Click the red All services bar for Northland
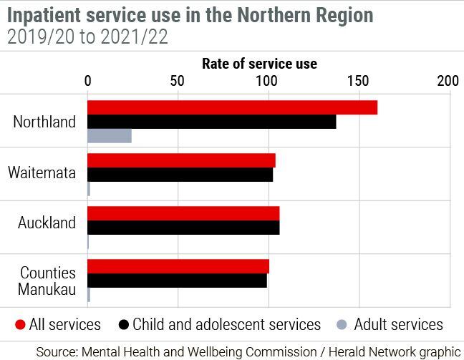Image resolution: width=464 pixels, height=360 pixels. (232, 107)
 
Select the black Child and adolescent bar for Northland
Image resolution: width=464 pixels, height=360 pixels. (211, 122)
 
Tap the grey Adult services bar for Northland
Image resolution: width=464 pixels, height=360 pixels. (110, 136)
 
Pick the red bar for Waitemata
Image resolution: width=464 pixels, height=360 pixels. (181, 160)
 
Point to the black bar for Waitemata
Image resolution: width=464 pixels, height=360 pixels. (180, 175)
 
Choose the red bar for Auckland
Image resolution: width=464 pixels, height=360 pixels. (183, 213)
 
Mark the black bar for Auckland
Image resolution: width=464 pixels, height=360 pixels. (183, 228)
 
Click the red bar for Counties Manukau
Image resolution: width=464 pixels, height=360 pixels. (178, 266)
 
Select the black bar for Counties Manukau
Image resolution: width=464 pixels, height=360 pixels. (177, 281)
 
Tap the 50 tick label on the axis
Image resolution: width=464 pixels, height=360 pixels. (178, 81)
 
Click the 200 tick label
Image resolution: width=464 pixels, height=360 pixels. (448, 81)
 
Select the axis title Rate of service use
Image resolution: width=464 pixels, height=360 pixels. (259, 64)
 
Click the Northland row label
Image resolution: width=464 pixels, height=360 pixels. (44, 122)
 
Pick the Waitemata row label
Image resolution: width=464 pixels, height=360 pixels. (42, 172)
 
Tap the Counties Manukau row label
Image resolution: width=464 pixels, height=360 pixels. (48, 281)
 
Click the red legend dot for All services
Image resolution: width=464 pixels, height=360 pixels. (20, 325)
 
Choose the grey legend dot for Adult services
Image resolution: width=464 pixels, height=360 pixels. (342, 325)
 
